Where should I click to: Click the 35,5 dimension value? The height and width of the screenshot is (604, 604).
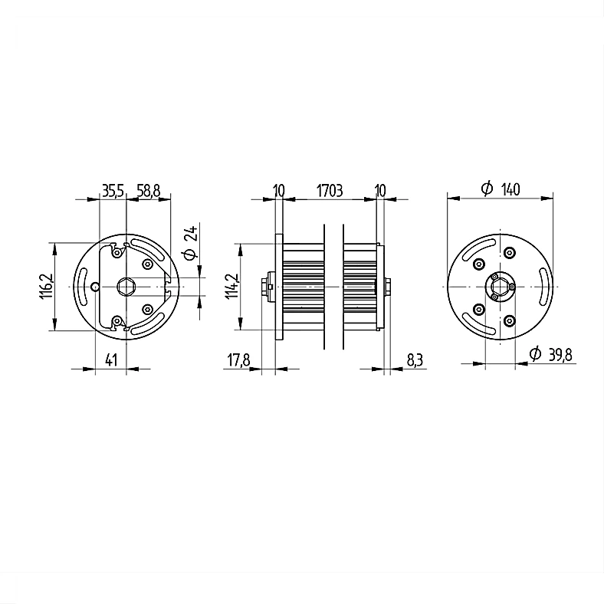113,191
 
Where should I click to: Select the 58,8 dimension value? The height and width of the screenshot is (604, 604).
148,191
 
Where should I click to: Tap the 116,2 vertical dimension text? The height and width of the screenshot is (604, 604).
45,286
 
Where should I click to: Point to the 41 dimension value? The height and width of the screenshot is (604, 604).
111,360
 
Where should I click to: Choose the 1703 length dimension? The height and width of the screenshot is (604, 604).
330,191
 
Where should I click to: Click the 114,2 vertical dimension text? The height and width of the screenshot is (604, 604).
232,286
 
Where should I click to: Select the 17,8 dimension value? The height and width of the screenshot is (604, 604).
238,360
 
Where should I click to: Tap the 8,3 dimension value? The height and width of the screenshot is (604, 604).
415,360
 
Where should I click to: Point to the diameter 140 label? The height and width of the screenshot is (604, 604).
501,189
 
